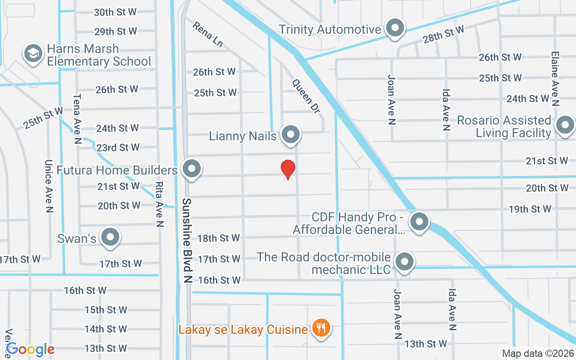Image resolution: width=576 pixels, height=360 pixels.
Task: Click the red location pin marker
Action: tap(288, 169)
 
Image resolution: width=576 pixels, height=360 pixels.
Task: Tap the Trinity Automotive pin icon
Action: tap(395, 28)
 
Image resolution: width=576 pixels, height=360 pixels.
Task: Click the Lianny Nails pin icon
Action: tap(291, 135)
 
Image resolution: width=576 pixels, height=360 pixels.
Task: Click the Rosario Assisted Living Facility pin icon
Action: tap(565, 126)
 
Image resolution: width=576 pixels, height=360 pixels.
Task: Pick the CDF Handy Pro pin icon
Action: tap(419, 222)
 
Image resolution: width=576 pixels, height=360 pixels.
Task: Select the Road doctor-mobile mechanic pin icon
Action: tap(405, 262)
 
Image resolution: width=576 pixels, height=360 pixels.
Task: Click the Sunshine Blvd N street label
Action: tap(187, 240)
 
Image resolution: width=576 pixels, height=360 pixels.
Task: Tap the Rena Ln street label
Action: tap(207, 35)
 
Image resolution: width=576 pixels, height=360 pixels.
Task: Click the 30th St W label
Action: tap(115, 12)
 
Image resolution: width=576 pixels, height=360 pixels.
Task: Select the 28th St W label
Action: tap(443, 35)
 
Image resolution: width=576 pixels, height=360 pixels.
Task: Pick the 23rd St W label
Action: tap(118, 148)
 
